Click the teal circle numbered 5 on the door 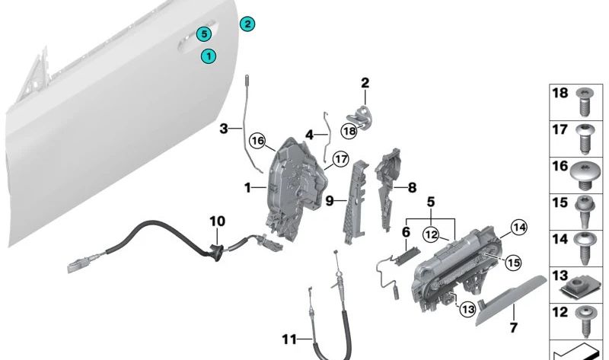point(202,34)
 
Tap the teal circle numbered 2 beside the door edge point(247,24)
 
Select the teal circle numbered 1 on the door point(208,56)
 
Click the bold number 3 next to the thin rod point(224,129)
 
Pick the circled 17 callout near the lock point(340,159)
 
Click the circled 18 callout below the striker point(348,131)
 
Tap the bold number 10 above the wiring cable point(218,221)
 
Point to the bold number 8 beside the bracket point(412,186)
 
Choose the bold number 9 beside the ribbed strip point(329,201)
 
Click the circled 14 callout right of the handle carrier point(518,226)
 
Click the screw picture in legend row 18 point(583,97)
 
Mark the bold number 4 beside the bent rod point(309,135)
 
